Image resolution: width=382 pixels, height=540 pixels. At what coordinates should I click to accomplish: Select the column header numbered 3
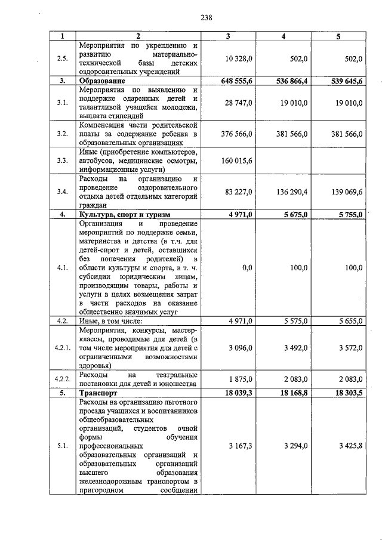[x=228, y=37]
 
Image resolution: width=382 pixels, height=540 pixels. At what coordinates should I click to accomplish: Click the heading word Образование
[x=101, y=80]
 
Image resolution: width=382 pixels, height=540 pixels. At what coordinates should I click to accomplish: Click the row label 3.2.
[x=62, y=134]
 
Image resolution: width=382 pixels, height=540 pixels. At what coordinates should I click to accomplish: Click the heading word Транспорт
[x=97, y=394]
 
